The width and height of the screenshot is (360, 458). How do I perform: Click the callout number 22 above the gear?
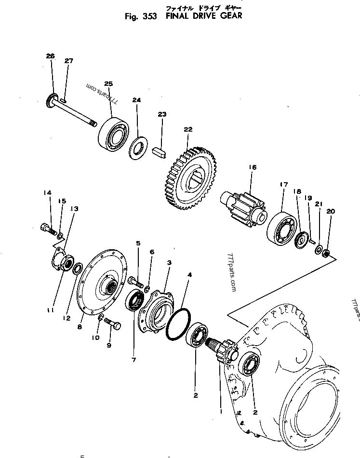[x=187, y=129]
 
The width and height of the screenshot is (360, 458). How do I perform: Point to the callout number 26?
[x=51, y=56]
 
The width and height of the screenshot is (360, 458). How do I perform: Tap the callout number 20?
[x=330, y=211]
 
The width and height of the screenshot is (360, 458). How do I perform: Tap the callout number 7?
[x=133, y=360]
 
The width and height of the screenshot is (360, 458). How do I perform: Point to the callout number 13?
[x=74, y=208]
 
